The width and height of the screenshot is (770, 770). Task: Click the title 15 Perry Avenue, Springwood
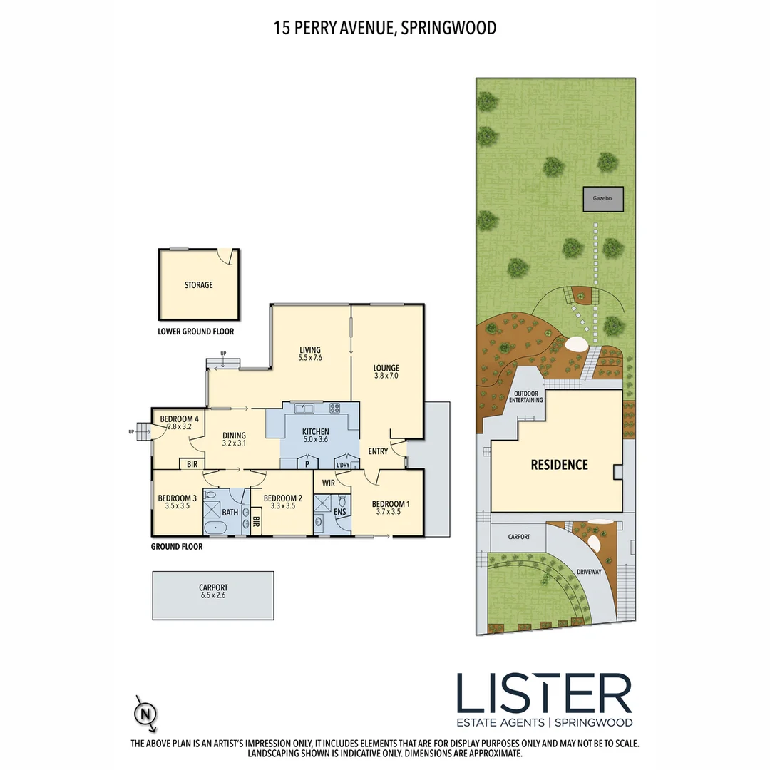pyautogui.click(x=385, y=28)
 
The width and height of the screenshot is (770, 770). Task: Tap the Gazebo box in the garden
pyautogui.click(x=603, y=199)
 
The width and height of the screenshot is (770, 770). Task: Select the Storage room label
pyautogui.click(x=198, y=285)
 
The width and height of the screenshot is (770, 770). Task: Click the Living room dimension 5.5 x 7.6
pyautogui.click(x=310, y=358)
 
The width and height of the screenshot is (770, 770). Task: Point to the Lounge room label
pyautogui.click(x=386, y=368)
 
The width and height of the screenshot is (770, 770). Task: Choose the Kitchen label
pyautogui.click(x=315, y=432)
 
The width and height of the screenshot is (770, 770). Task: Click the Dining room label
pyautogui.click(x=234, y=436)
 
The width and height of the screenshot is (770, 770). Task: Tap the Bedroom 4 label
pyautogui.click(x=178, y=419)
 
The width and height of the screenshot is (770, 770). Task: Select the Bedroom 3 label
pyautogui.click(x=177, y=498)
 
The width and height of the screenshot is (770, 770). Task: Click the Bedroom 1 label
pyautogui.click(x=390, y=503)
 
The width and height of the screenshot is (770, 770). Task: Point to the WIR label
pyautogui.click(x=328, y=483)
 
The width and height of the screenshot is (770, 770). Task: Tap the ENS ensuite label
pyautogui.click(x=340, y=511)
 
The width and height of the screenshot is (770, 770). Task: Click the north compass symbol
pyautogui.click(x=146, y=713)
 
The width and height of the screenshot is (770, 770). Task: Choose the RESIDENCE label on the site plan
pyautogui.click(x=559, y=465)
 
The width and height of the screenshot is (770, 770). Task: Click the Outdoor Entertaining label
pyautogui.click(x=525, y=396)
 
